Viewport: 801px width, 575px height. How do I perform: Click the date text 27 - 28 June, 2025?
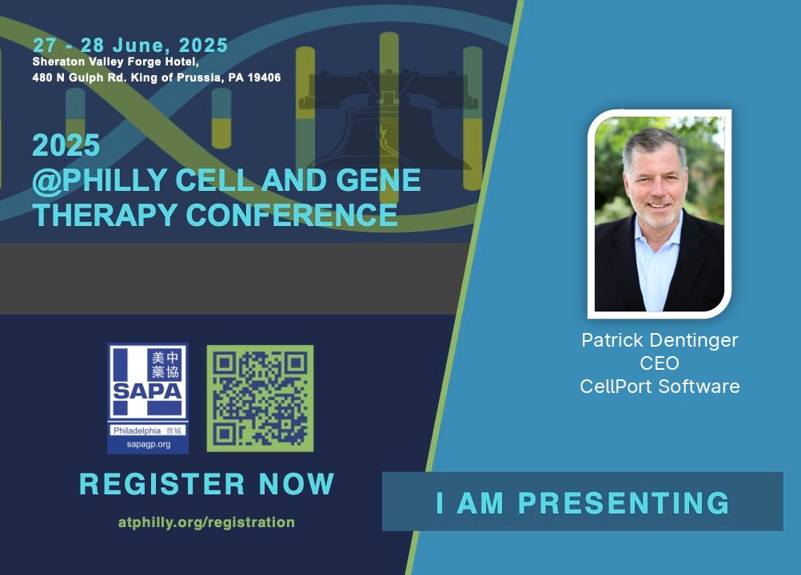pos(130,45)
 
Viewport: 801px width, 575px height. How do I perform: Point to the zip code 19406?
pos(261,77)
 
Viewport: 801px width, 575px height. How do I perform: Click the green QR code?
pos(260,399)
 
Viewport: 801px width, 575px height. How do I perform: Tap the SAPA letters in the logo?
pos(148,393)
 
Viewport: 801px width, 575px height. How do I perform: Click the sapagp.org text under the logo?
pos(148,444)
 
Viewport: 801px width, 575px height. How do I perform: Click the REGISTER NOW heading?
pos(206,484)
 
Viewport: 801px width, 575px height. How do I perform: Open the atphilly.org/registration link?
pos(206,522)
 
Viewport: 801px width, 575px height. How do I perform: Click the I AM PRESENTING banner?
pos(582,502)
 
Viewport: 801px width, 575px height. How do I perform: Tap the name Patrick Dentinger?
pos(660,340)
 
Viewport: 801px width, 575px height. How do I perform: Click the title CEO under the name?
pos(660,363)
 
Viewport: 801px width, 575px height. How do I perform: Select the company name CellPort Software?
pos(660,387)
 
